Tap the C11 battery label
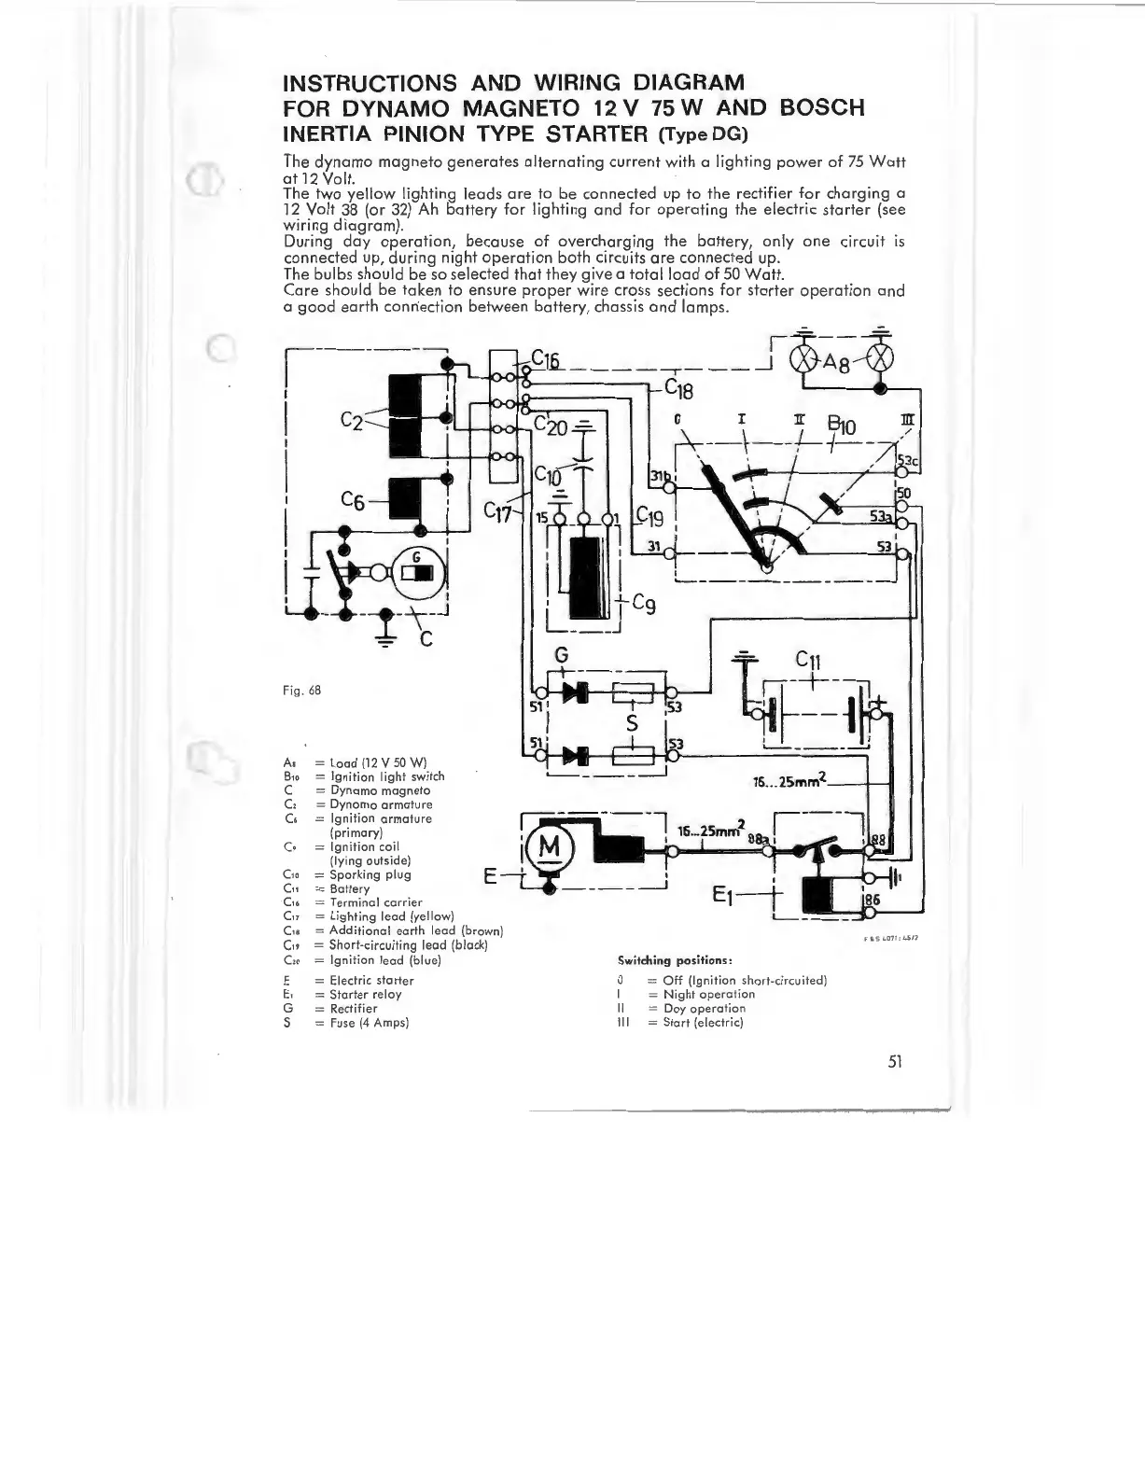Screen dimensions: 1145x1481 (x=808, y=662)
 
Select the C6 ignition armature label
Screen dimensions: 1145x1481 (x=354, y=501)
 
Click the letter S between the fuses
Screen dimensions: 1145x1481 (x=632, y=724)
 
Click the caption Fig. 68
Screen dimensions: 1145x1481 (x=300, y=692)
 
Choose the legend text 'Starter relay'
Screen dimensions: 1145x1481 (x=366, y=994)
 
